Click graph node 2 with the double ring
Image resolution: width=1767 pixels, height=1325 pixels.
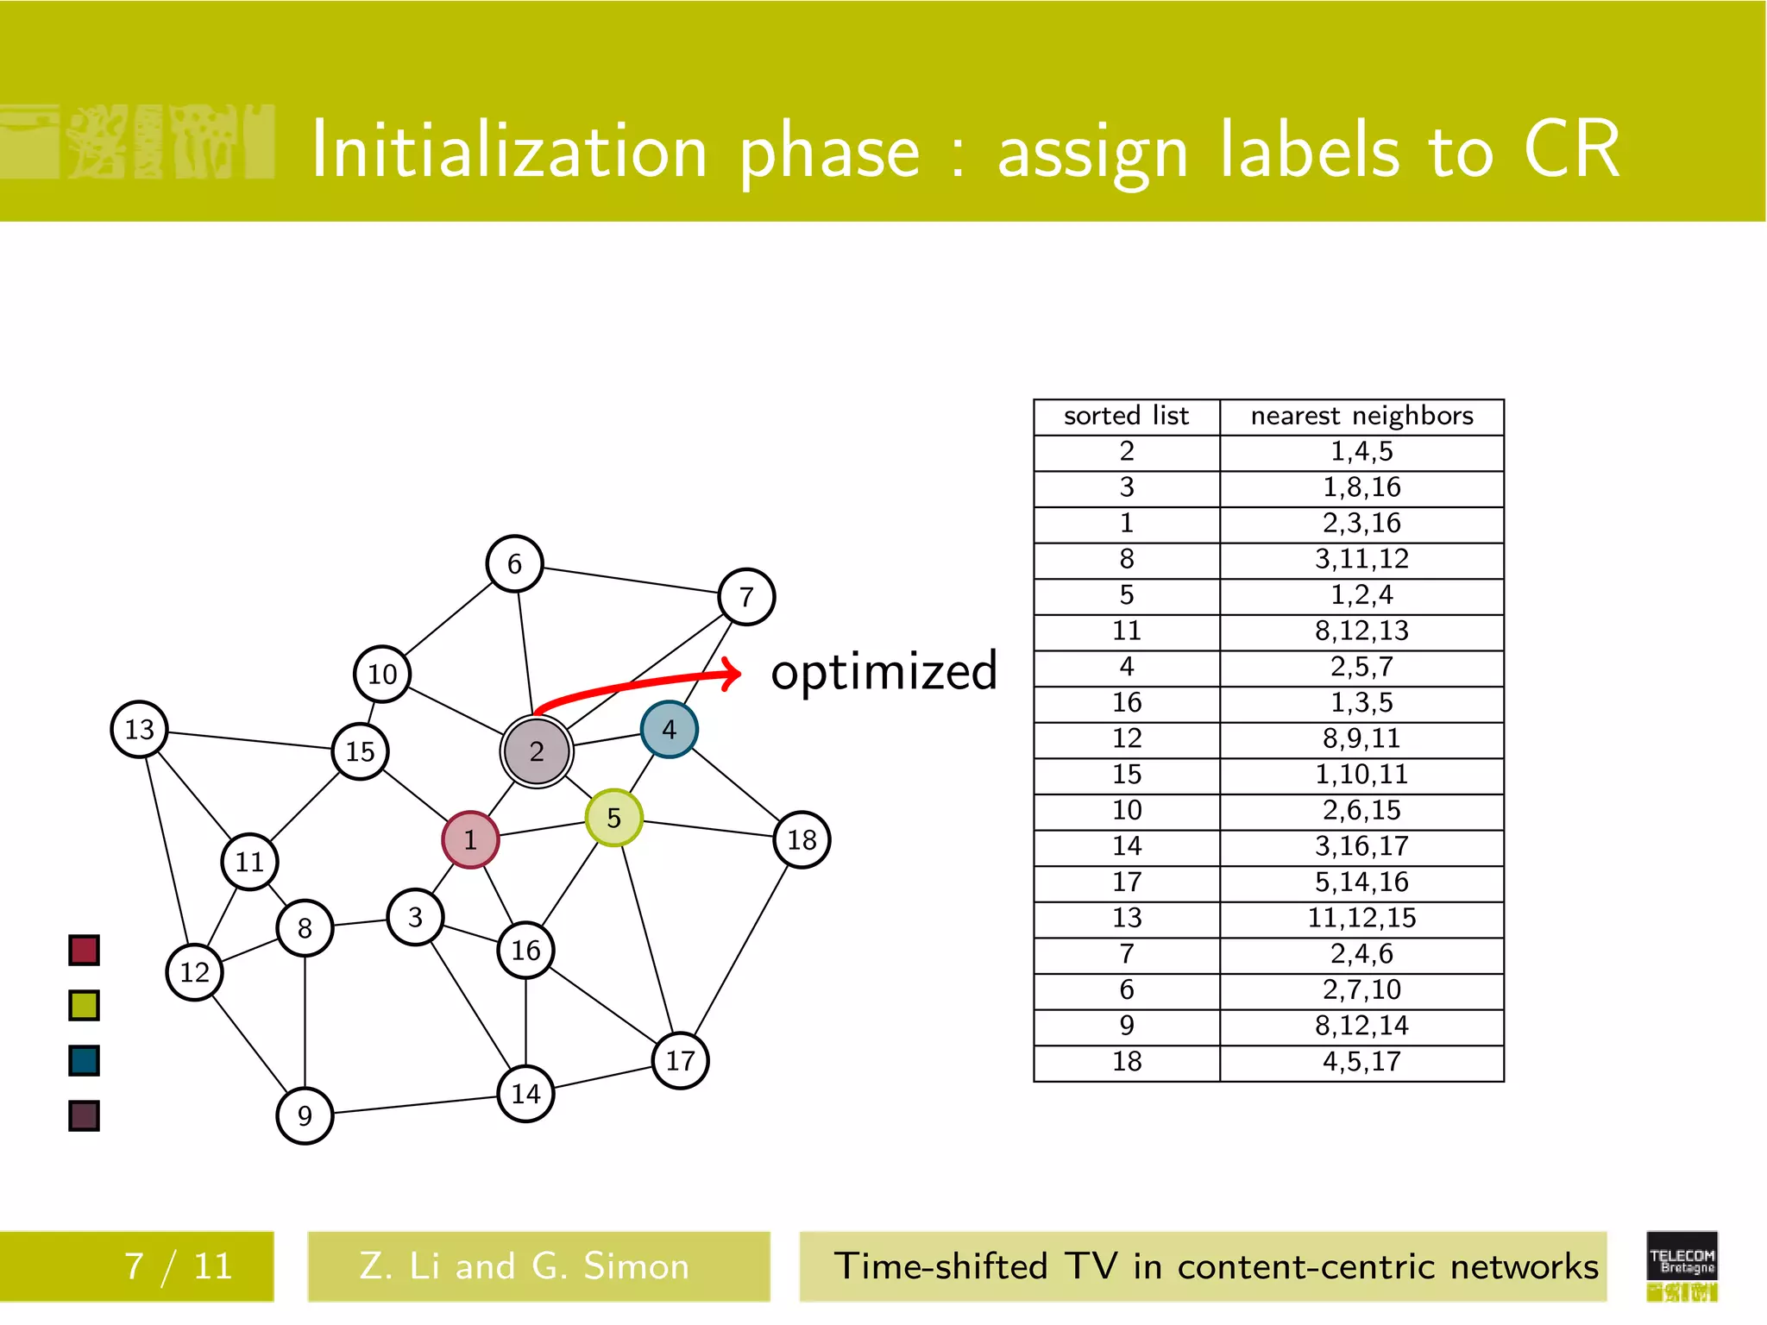537,751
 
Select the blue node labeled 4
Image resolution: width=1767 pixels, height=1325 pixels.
669,730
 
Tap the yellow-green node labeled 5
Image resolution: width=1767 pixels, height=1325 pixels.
613,818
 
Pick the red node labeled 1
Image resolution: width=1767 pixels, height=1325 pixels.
470,839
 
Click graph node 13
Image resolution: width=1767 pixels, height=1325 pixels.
139,730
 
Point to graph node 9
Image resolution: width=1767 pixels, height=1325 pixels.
305,1116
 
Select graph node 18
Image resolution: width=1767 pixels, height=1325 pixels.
802,839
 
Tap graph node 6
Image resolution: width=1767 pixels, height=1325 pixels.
514,564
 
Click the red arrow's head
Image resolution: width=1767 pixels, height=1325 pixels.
733,674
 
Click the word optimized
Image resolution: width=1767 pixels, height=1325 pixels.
883,672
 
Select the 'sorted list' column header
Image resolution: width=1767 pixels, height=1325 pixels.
1126,417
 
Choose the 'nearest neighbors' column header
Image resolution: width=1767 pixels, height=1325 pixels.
1361,417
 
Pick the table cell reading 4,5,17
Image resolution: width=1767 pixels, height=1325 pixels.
1361,1062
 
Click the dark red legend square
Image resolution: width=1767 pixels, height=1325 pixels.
84,951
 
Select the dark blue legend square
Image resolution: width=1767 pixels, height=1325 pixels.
84,1061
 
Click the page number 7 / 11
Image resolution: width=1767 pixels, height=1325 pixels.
179,1266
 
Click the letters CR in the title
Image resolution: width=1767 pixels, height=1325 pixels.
1571,150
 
